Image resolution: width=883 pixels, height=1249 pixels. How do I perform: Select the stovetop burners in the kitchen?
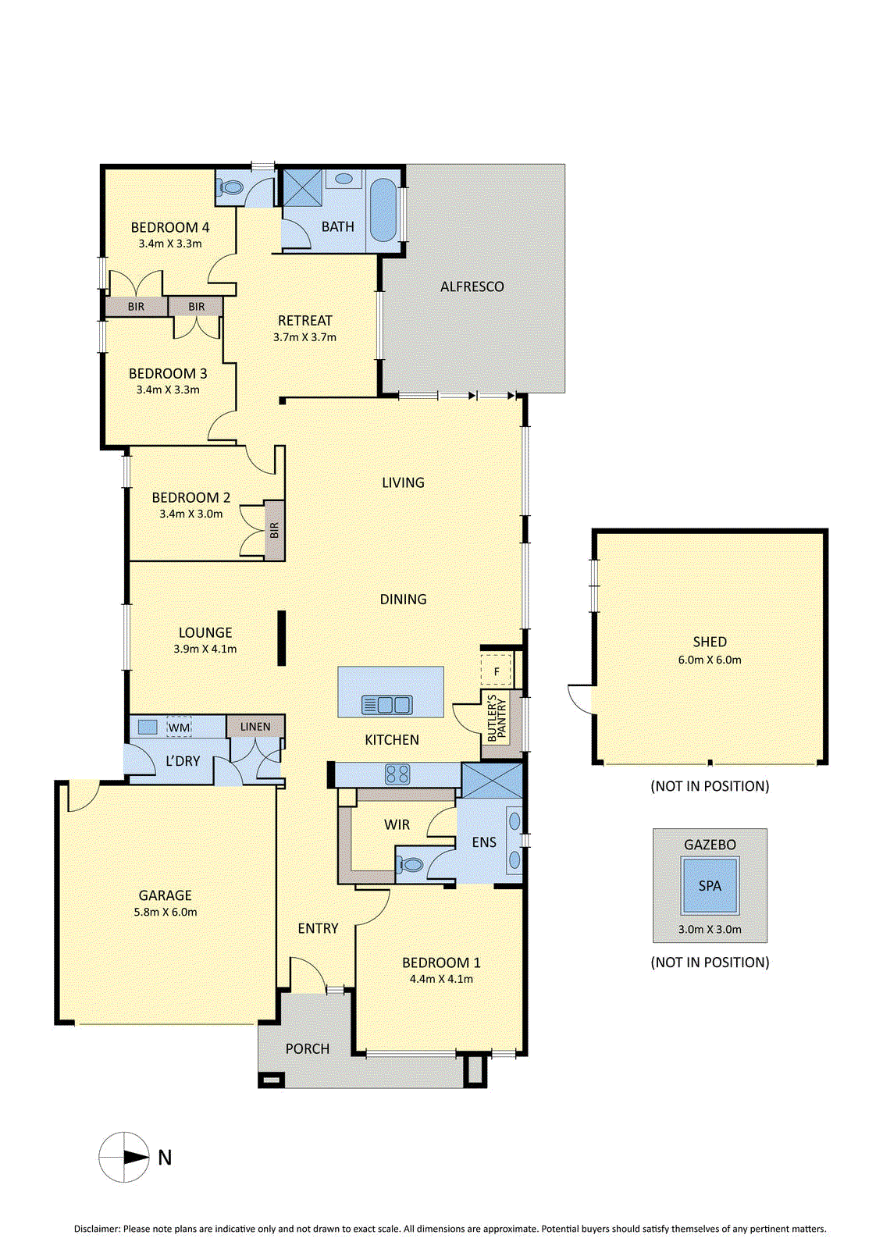click(x=397, y=774)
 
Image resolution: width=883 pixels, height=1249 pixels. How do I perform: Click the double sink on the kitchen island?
click(x=386, y=705)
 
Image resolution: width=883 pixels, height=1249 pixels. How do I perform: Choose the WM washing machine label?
click(x=179, y=728)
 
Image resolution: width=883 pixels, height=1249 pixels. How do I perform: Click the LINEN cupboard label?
click(x=255, y=727)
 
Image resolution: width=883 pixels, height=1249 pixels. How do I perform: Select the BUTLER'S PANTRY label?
click(x=497, y=718)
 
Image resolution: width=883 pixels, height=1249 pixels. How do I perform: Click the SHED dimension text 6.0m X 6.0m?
click(x=710, y=660)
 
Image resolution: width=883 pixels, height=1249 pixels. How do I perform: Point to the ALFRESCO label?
click(x=472, y=286)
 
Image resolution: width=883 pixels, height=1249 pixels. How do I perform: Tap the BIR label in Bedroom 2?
click(x=274, y=530)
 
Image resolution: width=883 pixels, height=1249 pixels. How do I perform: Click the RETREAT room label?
click(x=304, y=321)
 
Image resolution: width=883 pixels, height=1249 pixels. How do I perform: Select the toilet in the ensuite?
click(x=410, y=866)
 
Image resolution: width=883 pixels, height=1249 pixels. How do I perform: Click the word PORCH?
click(x=308, y=1049)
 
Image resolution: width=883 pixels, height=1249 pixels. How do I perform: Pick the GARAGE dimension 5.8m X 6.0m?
click(x=165, y=913)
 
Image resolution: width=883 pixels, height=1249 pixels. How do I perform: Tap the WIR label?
click(x=397, y=824)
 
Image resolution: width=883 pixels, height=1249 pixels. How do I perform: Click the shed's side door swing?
click(x=580, y=698)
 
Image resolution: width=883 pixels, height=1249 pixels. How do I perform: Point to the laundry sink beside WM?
click(x=148, y=727)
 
